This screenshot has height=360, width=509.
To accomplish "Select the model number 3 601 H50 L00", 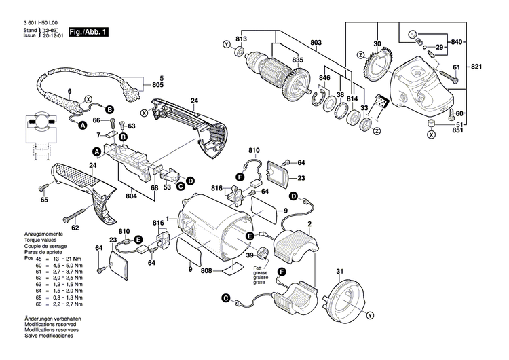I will coord(41,24).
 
